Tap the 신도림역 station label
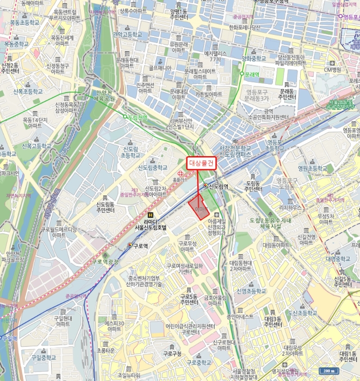[x=218, y=186]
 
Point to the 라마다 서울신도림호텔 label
[x=150, y=225]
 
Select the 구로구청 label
[x=172, y=354]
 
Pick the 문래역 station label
[x=251, y=73]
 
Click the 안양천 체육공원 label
[x=104, y=95]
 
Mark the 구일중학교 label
[x=44, y=358]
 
